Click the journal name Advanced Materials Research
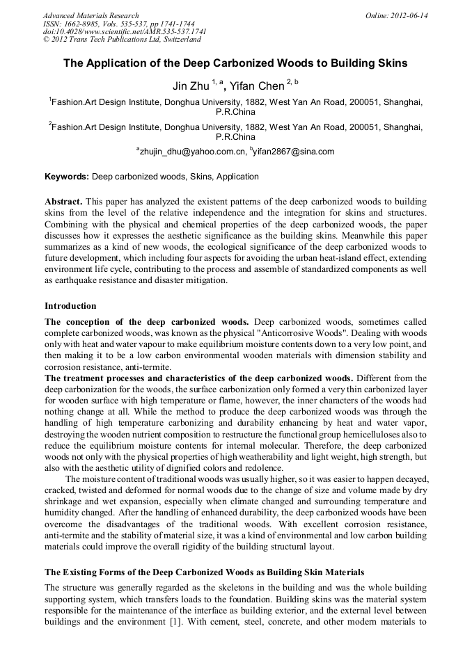pos(91,15)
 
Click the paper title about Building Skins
pos(235,63)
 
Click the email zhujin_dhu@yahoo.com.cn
pos(192,151)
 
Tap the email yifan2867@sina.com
pos(292,151)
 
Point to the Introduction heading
pos(70,306)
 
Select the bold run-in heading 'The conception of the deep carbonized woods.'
pos(148,322)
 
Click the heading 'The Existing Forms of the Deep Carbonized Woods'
pos(204,572)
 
